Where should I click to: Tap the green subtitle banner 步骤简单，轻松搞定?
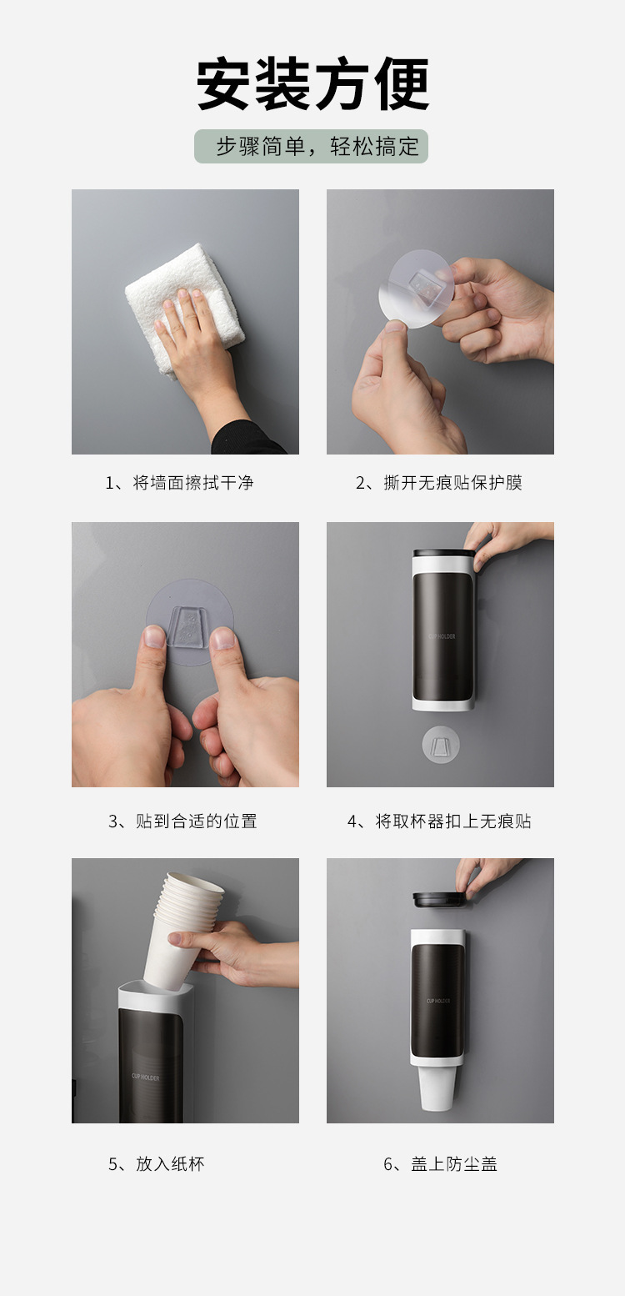pyautogui.click(x=312, y=146)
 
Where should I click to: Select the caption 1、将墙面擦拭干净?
pyautogui.click(x=179, y=483)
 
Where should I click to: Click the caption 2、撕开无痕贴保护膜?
pyautogui.click(x=439, y=483)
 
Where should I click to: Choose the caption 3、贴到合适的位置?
pyautogui.click(x=182, y=821)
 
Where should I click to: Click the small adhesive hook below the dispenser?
pyautogui.click(x=441, y=743)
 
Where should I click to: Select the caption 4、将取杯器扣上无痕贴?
pyautogui.click(x=439, y=821)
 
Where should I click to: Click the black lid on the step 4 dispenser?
pyautogui.click(x=443, y=552)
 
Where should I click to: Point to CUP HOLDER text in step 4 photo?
pyautogui.click(x=442, y=636)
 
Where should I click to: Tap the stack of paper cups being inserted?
pyautogui.click(x=187, y=926)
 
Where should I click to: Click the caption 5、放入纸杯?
pyautogui.click(x=156, y=1163)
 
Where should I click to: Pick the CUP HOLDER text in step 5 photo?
pyautogui.click(x=145, y=1077)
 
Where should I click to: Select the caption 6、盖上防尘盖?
pyautogui.click(x=440, y=1163)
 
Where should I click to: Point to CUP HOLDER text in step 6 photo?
pyautogui.click(x=438, y=1001)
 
